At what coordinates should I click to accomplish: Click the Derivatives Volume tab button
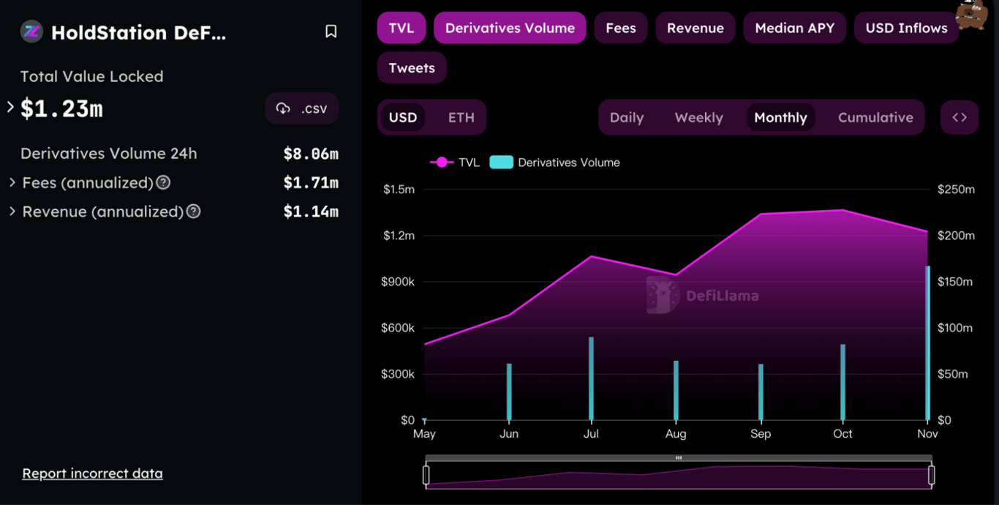tap(510, 28)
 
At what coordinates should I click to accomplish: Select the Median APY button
tap(794, 28)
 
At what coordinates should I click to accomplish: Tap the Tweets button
tap(412, 68)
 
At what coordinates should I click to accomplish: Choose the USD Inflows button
tap(906, 28)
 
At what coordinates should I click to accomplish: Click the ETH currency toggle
tap(461, 117)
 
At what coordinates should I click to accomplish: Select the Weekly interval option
tap(698, 117)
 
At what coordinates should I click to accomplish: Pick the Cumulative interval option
tap(875, 117)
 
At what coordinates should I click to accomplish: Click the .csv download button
tap(302, 108)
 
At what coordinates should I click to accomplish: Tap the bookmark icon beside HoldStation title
tap(331, 31)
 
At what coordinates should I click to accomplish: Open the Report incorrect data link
tap(92, 474)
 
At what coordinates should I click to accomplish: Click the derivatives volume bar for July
tap(591, 378)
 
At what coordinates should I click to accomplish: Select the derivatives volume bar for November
tap(927, 343)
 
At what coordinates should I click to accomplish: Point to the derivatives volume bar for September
tap(761, 392)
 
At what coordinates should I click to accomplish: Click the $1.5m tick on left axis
tap(399, 190)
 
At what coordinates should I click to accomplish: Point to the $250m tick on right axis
tap(956, 190)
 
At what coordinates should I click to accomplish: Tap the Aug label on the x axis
tap(676, 434)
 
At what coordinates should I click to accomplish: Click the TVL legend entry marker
tap(441, 162)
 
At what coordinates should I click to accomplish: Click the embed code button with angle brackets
tap(960, 117)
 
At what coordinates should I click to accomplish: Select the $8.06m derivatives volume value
tap(311, 154)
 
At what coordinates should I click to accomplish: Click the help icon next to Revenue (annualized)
tap(193, 212)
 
